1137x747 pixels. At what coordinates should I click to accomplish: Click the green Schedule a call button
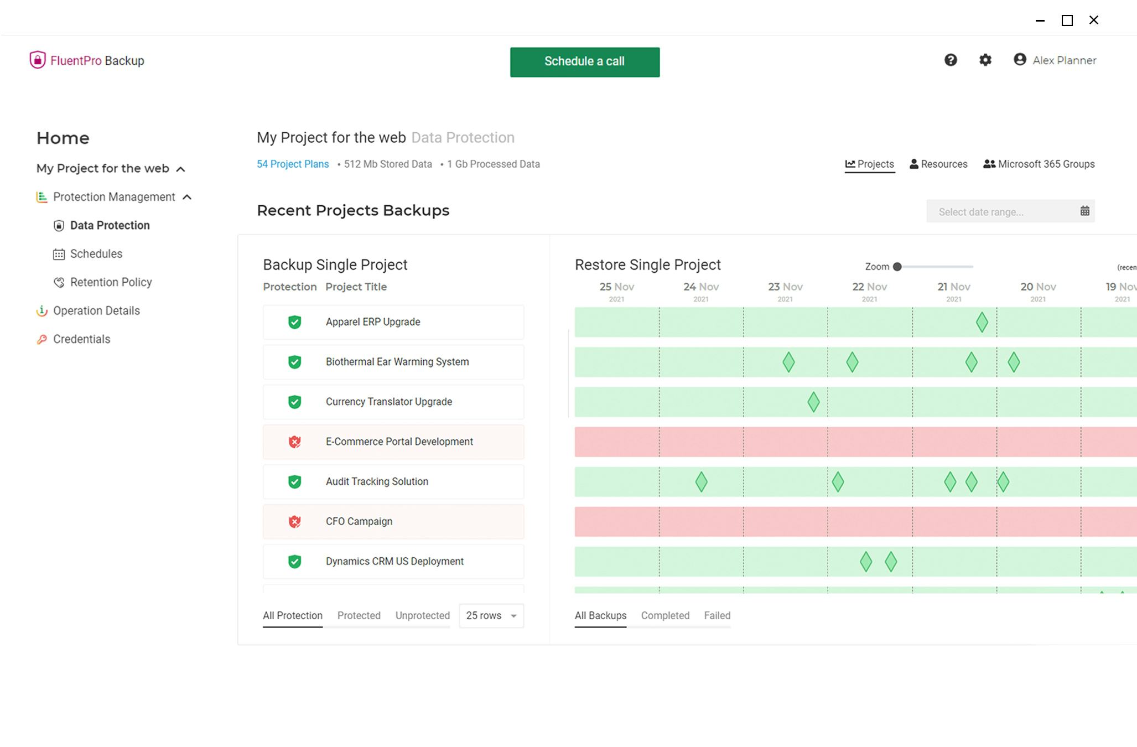coord(584,61)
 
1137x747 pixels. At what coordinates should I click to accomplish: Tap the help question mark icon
coord(950,60)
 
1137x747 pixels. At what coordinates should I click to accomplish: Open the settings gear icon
coord(985,60)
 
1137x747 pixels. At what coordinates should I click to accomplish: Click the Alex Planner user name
coord(1063,60)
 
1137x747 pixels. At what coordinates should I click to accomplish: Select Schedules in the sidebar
coord(96,253)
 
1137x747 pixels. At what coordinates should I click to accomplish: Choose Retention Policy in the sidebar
coord(111,282)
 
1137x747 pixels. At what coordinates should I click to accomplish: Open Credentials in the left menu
coord(81,339)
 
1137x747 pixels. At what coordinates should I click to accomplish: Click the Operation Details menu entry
coord(96,310)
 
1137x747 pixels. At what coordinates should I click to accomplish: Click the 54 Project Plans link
coord(293,164)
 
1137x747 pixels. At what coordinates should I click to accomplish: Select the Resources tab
coord(938,164)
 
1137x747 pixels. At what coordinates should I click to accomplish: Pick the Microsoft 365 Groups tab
coord(1039,164)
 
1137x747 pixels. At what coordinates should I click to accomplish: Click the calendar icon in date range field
coord(1084,211)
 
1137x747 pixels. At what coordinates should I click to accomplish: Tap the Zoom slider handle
coord(897,267)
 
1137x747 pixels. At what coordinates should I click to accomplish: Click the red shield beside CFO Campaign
coord(294,521)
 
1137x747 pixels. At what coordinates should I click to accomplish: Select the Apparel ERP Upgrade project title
coord(372,322)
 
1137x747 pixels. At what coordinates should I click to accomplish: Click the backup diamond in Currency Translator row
coord(813,402)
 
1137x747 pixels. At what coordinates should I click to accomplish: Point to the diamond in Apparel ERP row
coord(982,322)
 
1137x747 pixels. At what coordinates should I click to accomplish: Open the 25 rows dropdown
coord(491,615)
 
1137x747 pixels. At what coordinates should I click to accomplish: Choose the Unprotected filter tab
coord(422,615)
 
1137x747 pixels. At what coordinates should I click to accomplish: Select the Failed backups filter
coord(717,615)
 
